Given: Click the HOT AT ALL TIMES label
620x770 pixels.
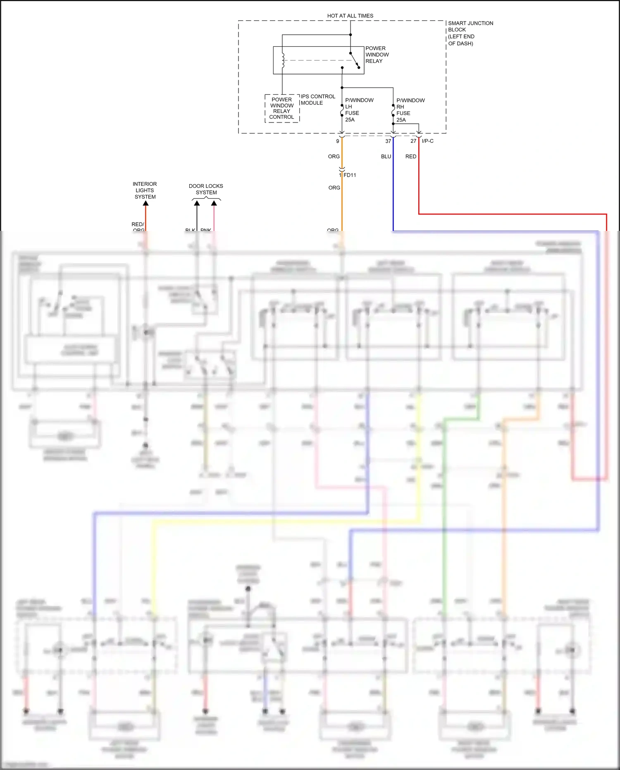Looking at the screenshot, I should tap(350, 16).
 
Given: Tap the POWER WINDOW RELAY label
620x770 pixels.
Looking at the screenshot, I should tap(377, 55).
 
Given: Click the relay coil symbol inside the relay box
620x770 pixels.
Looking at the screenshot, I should tap(283, 60).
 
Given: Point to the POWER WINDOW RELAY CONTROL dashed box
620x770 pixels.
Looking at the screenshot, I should tap(282, 108).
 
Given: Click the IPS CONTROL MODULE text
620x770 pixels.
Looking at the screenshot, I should tap(318, 100).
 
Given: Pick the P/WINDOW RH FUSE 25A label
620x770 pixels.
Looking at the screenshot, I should tap(410, 110).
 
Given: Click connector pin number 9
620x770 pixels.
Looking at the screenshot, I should tap(338, 141).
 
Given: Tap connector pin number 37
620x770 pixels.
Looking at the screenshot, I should tap(388, 141).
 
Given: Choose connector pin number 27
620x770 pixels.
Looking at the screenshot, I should tap(413, 141).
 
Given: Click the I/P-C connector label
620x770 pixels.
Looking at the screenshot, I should tap(428, 141).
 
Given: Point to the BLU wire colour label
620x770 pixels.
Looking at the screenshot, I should tap(386, 156).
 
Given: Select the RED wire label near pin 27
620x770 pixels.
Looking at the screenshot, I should tap(411, 156).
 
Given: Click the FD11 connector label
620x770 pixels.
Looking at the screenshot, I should tap(350, 175).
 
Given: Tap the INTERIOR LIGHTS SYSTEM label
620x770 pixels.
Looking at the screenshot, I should tap(145, 190).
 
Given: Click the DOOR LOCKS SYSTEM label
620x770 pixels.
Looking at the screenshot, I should tap(206, 189).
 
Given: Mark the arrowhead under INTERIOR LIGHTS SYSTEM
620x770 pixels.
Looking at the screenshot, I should tap(145, 203).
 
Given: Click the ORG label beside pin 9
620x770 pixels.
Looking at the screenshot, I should tap(334, 156).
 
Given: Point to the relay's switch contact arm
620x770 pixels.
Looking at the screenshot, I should tap(355, 60).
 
